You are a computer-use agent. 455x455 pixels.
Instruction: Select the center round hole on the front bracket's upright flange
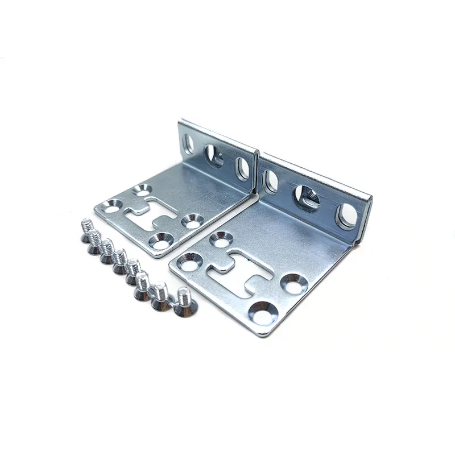click(x=307, y=197)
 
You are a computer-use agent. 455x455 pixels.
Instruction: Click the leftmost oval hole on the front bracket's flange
click(x=271, y=181)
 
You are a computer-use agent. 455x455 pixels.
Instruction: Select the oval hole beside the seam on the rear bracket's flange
click(x=243, y=168)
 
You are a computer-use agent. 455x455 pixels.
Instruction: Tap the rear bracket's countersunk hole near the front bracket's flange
click(x=193, y=221)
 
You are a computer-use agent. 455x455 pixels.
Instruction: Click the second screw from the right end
click(x=160, y=296)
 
